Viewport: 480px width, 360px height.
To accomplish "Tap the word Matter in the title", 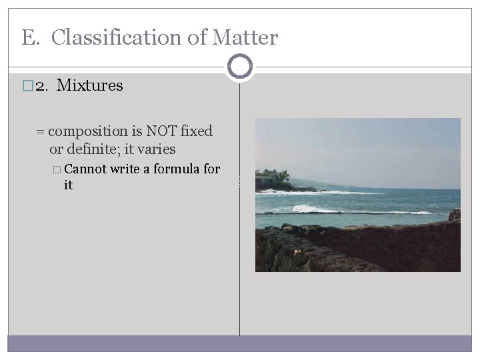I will click(245, 38).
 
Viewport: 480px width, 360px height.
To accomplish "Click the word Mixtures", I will click(90, 86).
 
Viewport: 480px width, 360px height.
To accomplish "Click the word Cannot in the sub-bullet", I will click(86, 169).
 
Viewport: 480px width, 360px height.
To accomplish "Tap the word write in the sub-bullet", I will click(125, 169).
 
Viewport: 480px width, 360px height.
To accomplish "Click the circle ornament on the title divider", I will click(239, 67).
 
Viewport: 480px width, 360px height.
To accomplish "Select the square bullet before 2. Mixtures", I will click(27, 87).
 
